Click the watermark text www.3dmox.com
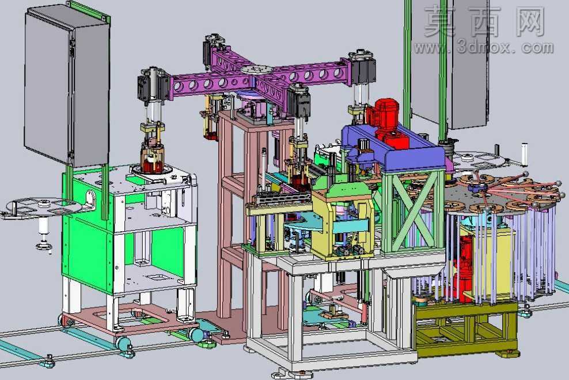[x=484, y=47]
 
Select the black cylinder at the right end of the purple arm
[x=362, y=69]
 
